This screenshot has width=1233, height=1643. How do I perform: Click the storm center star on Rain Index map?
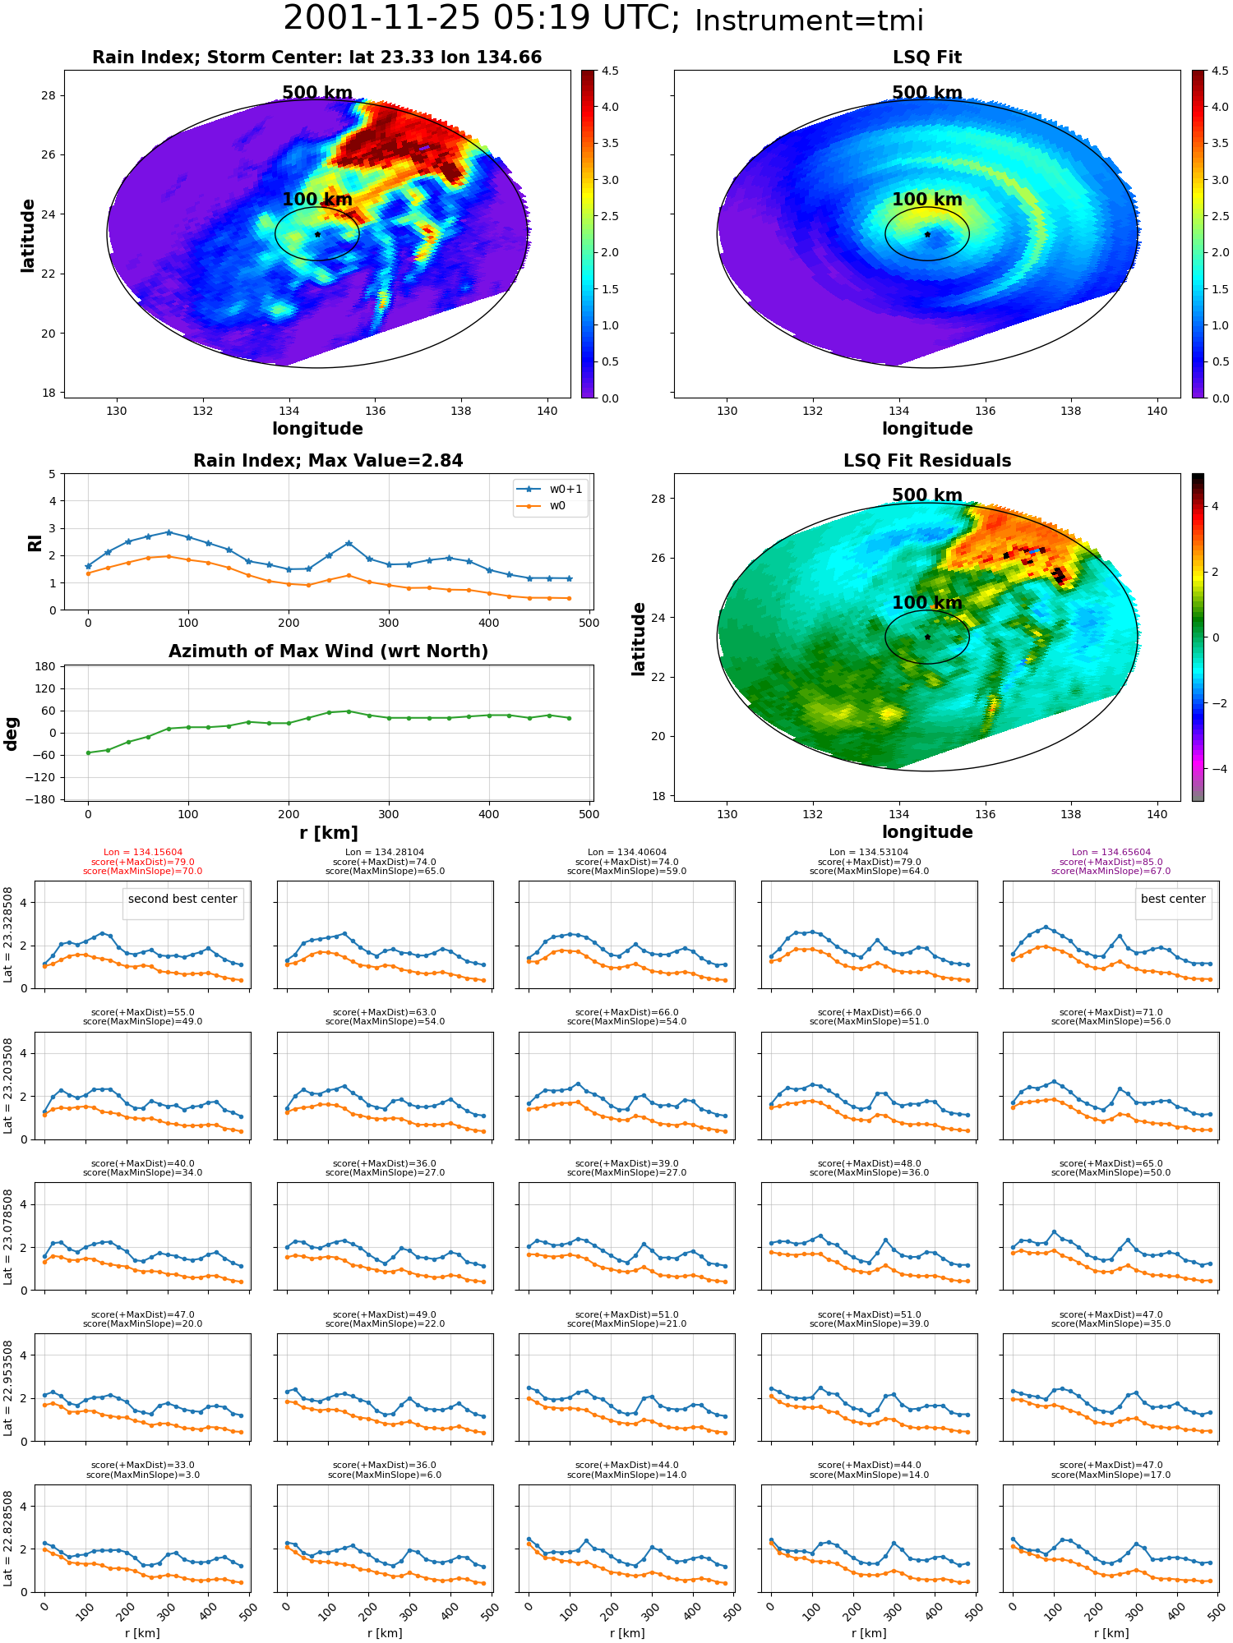point(317,234)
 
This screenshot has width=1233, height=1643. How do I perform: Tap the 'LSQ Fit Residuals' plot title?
point(927,461)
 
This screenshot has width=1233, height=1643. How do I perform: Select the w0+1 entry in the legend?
point(551,489)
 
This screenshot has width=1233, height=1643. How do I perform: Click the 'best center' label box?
point(1173,899)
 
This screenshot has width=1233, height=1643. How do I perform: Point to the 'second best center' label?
point(182,899)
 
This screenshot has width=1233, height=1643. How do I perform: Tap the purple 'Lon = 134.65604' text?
point(1111,853)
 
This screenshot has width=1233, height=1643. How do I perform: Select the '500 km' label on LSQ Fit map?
point(927,93)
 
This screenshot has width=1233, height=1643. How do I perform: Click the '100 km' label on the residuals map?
point(927,602)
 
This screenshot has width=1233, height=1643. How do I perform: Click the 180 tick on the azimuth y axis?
point(46,666)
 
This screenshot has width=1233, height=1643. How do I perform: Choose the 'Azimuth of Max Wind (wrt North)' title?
point(328,651)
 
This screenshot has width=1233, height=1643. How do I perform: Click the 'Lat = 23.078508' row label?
point(8,1236)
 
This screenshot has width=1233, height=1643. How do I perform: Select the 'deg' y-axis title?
point(12,733)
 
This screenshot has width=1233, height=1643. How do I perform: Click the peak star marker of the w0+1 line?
point(169,532)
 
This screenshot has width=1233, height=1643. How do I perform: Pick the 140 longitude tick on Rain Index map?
point(547,411)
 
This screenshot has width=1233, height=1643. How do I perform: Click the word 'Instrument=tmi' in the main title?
point(810,21)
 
